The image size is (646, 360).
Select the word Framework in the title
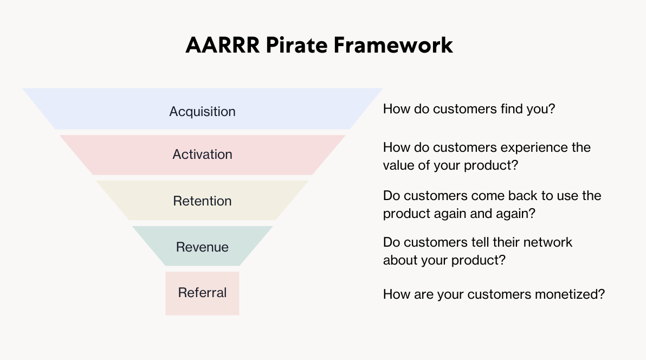tap(393, 46)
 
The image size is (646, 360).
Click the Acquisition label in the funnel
tap(202, 112)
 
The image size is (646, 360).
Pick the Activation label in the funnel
tap(202, 155)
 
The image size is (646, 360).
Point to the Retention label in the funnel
tap(202, 201)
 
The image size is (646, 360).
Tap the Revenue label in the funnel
tap(202, 247)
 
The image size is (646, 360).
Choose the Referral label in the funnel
tap(202, 293)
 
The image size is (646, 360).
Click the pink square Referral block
tap(202, 307)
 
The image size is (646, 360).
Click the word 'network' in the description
tap(547, 242)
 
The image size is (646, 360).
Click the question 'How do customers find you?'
tap(469, 108)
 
